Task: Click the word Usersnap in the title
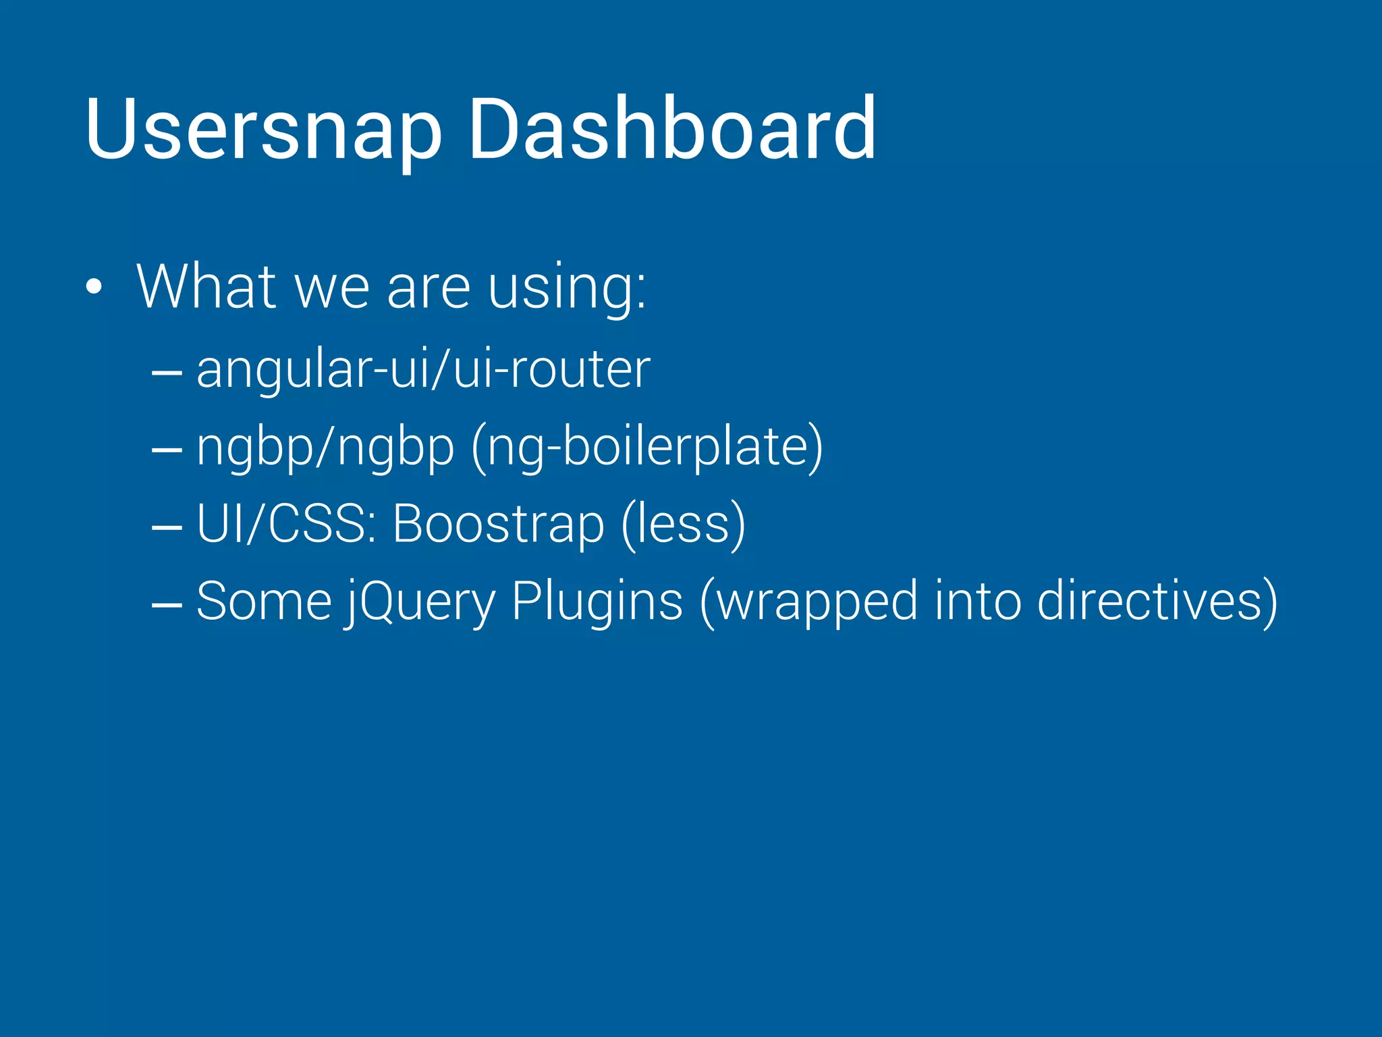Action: coord(263,130)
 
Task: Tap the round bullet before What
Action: coord(94,287)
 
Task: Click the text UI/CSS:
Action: coord(286,524)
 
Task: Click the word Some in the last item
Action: coord(264,601)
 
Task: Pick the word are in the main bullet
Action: coord(429,288)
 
